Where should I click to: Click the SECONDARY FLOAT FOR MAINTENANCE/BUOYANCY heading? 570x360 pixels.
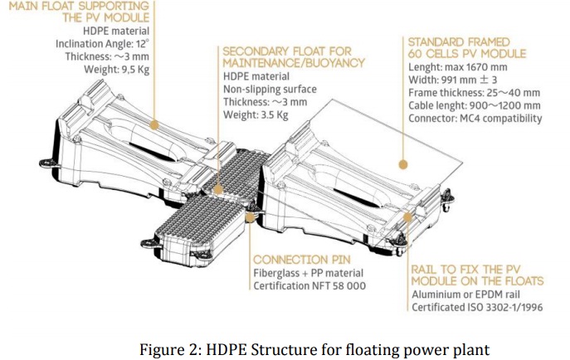[294, 56]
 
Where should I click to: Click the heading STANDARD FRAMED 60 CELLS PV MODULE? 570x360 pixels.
[465, 47]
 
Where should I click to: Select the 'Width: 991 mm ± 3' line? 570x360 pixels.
[453, 80]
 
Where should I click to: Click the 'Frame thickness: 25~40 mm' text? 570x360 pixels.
[474, 92]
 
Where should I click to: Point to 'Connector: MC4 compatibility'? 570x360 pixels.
[475, 118]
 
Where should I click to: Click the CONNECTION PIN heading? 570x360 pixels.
[306, 260]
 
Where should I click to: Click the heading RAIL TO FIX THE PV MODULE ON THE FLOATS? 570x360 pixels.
[477, 275]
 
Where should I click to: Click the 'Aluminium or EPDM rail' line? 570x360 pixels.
[468, 294]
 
